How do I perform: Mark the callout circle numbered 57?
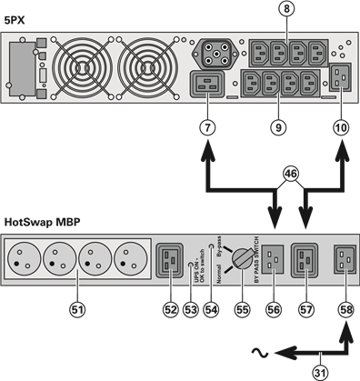coord(305,310)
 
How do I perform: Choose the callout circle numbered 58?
coord(344,310)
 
